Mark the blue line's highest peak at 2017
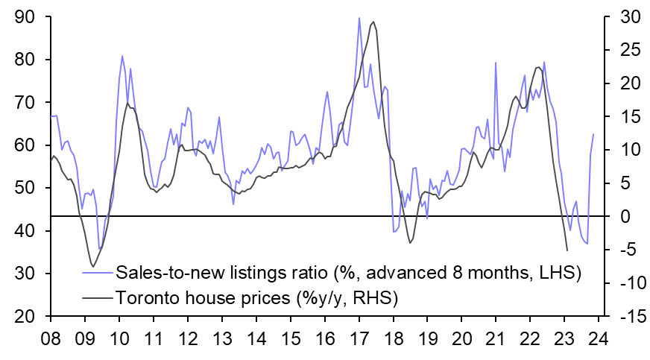(x=359, y=18)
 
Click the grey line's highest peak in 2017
(x=373, y=22)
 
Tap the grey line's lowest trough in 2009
(x=92, y=266)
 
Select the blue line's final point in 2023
(x=594, y=134)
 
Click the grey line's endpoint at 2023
(x=568, y=250)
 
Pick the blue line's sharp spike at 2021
(x=496, y=63)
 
